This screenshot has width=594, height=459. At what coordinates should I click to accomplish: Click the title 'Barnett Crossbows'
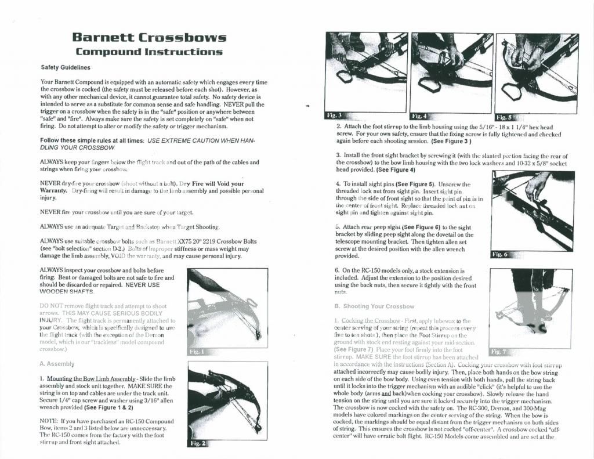pyautogui.click(x=149, y=38)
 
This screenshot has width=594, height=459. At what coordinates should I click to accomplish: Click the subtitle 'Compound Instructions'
pyautogui.click(x=149, y=52)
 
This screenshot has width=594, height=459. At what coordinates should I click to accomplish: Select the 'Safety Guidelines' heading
pyautogui.click(x=68, y=68)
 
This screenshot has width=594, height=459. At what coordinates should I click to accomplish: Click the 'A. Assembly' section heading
pyautogui.click(x=57, y=364)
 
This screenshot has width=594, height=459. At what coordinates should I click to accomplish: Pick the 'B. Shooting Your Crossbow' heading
pyautogui.click(x=374, y=306)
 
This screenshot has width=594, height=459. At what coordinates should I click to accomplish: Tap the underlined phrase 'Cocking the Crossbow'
pyautogui.click(x=370, y=320)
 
